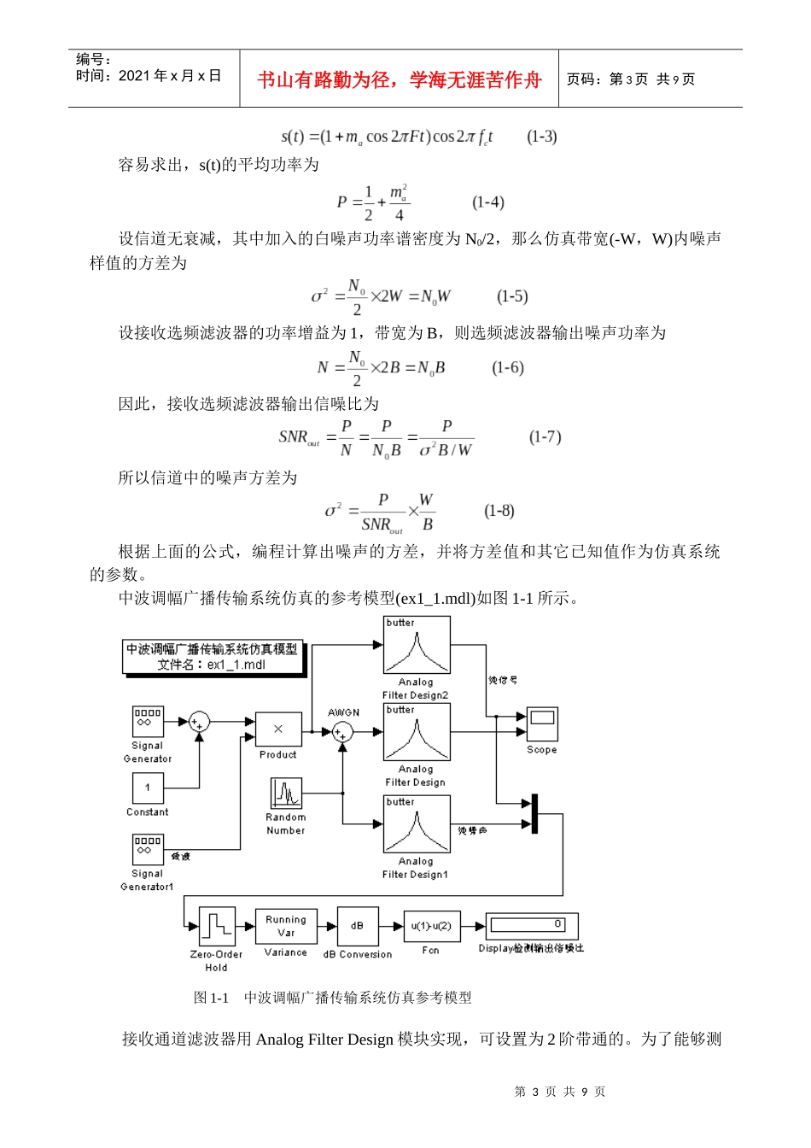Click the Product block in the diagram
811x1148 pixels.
coord(278,729)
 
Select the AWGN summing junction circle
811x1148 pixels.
coord(343,732)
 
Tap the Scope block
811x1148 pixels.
coord(542,724)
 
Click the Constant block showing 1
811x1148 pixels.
coord(148,788)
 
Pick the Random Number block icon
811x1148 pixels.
coord(286,794)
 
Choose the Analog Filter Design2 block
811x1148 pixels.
coord(417,646)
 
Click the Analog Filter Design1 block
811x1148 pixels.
coord(417,824)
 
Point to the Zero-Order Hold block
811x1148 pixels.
coord(217,926)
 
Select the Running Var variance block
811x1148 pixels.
coord(286,926)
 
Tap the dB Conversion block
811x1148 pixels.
coord(357,926)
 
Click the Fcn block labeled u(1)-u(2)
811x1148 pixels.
coord(431,926)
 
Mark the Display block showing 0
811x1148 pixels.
coord(532,926)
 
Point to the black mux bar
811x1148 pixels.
coord(534,814)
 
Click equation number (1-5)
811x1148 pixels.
coord(512,296)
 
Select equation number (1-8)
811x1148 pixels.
coord(499,511)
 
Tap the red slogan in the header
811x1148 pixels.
coord(400,80)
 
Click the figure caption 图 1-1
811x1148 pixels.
coord(211,997)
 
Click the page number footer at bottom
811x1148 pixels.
coord(560,1092)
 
